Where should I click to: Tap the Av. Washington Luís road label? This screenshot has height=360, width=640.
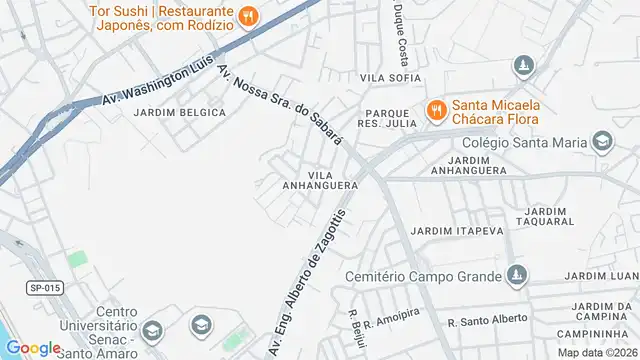[159, 82]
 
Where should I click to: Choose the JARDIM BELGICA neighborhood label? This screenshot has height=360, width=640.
[180, 112]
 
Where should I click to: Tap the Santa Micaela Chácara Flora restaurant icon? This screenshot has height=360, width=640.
[436, 109]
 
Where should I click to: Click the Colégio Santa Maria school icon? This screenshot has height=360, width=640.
[602, 143]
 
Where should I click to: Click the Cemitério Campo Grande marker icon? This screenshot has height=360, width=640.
[516, 275]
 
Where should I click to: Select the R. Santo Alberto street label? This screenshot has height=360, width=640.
[487, 321]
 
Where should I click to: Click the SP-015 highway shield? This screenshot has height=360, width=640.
[44, 288]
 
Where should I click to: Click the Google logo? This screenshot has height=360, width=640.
[33, 347]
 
